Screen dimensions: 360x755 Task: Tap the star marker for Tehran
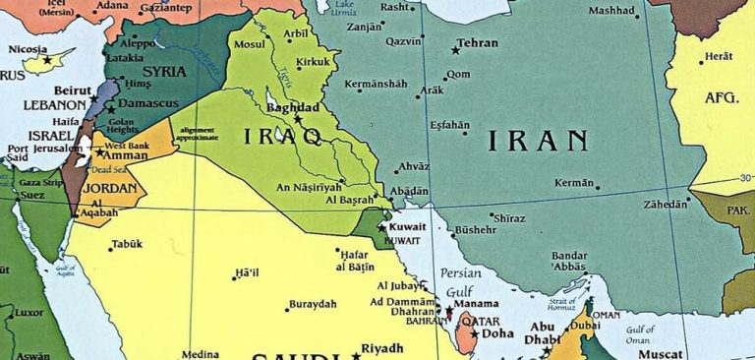pos(455,49)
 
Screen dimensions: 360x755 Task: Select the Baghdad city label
pos(293,106)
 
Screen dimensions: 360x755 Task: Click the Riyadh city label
pos(382,348)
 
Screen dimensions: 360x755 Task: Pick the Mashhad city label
pos(613,11)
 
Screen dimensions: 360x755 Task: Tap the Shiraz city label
pos(509,217)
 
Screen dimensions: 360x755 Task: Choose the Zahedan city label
pos(665,205)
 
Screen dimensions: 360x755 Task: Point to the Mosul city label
pos(250,45)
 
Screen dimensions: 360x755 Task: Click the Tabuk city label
pos(127,244)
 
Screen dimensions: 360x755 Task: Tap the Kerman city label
pos(574,183)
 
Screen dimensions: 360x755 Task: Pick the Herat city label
pos(718,57)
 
